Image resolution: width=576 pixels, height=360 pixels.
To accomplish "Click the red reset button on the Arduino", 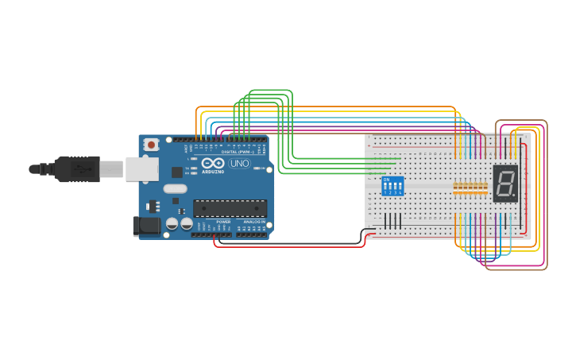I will pos(151,145).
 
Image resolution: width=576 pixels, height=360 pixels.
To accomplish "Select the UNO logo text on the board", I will pos(239,163).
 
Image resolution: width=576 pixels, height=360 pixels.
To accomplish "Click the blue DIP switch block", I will pos(392,186).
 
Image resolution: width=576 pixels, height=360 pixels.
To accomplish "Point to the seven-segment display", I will pos(505,183).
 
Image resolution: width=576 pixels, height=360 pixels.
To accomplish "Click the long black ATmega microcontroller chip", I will pos(230,208).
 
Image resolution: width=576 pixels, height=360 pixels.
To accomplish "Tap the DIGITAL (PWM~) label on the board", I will pos(238,152).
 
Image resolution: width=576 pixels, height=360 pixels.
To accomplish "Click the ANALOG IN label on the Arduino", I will pos(254,222).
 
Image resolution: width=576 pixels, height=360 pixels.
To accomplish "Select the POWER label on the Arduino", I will pos(223,222).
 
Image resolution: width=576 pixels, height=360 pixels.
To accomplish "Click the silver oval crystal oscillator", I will pos(176,189).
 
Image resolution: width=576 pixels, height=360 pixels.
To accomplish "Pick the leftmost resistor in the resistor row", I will pos(455,188).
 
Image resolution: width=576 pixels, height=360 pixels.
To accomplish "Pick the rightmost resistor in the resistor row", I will pos(485,188).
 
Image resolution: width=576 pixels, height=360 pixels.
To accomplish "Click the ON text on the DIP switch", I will pos(386,180).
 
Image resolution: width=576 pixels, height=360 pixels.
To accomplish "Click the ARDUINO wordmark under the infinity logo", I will pos(213,172).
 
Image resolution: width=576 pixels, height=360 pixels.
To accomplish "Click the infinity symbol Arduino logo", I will pos(213,163).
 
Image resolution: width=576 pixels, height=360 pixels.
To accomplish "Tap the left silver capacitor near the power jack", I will pos(172,225).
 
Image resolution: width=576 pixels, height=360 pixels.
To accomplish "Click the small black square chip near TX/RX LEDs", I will pos(176,172).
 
